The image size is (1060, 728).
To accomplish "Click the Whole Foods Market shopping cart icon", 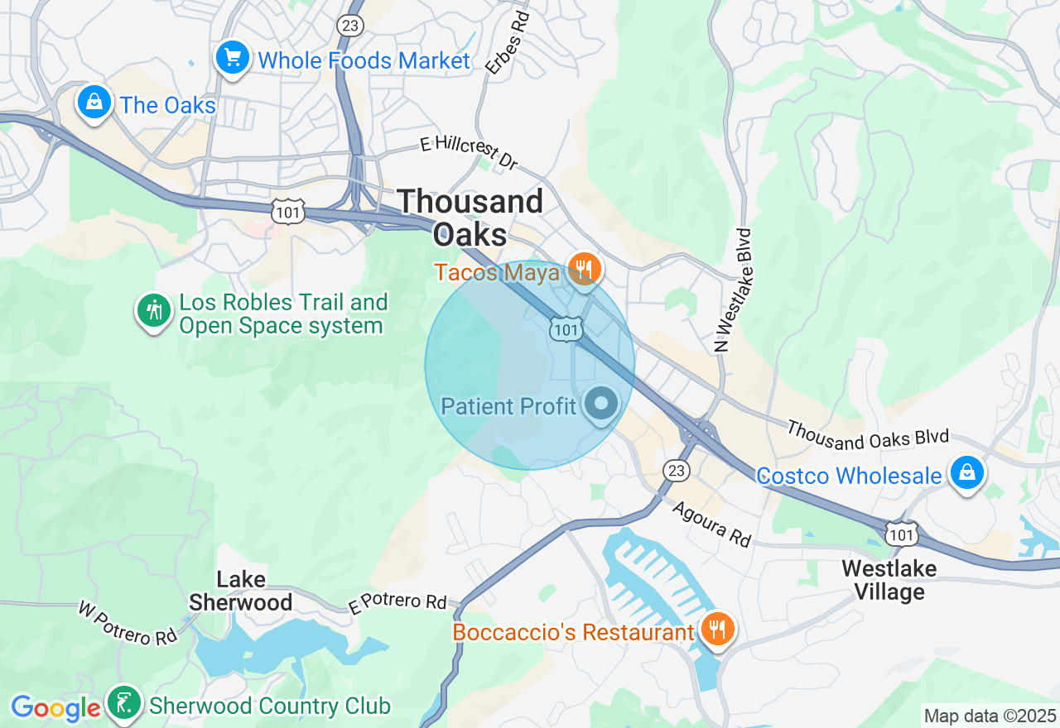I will [x=233, y=59].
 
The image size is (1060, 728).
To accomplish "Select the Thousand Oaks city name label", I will [x=470, y=218].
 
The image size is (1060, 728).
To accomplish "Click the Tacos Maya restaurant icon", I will [x=585, y=269].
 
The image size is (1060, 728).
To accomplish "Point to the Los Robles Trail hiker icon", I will [x=153, y=311].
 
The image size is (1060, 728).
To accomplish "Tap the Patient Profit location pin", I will [x=601, y=405].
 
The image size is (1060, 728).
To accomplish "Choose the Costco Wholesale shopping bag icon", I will [x=966, y=474].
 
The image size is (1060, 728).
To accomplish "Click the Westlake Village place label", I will [x=889, y=580].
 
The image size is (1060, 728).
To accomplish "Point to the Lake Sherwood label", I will [x=240, y=590].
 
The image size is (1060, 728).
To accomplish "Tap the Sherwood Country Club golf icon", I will [x=124, y=703].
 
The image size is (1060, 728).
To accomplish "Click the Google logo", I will [x=55, y=708].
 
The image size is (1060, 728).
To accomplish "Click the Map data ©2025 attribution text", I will [x=990, y=716].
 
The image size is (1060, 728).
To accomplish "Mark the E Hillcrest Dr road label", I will [x=469, y=154].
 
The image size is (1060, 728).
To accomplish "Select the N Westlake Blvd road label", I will [x=734, y=290].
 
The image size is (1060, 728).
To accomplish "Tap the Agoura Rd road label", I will [x=711, y=524].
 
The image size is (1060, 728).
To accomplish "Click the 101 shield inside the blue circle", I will [x=566, y=330].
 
